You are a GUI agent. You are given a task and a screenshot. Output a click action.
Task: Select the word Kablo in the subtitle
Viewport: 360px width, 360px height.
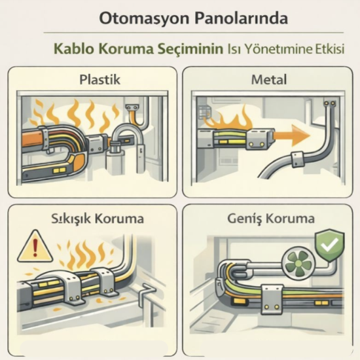click(75, 49)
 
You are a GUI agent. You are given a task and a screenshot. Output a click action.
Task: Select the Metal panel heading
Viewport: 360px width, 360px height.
click(268, 81)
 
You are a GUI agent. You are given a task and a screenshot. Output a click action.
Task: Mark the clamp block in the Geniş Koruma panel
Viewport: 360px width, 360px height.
click(270, 296)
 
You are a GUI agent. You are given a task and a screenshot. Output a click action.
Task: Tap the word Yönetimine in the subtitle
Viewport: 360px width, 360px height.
click(276, 50)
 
